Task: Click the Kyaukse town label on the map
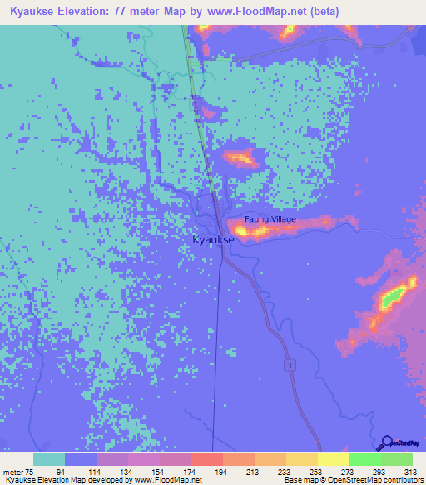(x=213, y=239)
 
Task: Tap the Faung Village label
(x=270, y=219)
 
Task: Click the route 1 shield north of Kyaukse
(x=195, y=106)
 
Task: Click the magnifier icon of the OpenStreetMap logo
(x=385, y=442)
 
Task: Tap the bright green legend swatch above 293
(x=364, y=459)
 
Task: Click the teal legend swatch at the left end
(x=49, y=459)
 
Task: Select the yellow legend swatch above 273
(x=333, y=459)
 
